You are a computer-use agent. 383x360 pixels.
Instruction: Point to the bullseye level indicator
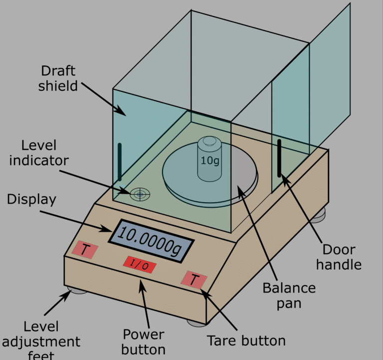pos(140,194)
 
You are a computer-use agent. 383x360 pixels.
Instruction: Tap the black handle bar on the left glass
pos(120,162)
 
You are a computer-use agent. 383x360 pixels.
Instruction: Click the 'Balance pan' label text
pos(289,295)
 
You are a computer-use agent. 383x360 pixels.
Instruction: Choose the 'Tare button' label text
pos(246,341)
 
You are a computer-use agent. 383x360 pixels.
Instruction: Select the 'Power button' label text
pos(144,341)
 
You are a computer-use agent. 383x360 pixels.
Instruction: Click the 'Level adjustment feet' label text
pos(41,342)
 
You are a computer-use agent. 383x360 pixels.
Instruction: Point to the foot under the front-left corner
pos(77,290)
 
